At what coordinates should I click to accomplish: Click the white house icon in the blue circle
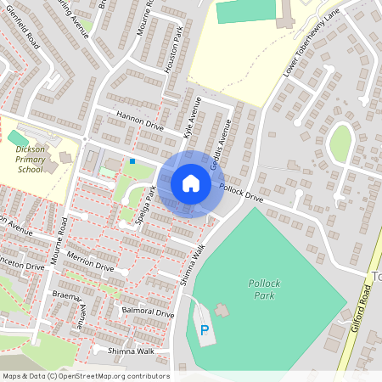tap(191, 183)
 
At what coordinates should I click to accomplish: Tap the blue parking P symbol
tap(204, 330)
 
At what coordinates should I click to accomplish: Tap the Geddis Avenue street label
tap(222, 135)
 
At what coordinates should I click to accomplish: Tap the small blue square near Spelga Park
tap(132, 160)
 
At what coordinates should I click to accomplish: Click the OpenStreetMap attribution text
tap(85, 376)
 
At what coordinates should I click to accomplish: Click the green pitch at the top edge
tap(246, 11)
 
